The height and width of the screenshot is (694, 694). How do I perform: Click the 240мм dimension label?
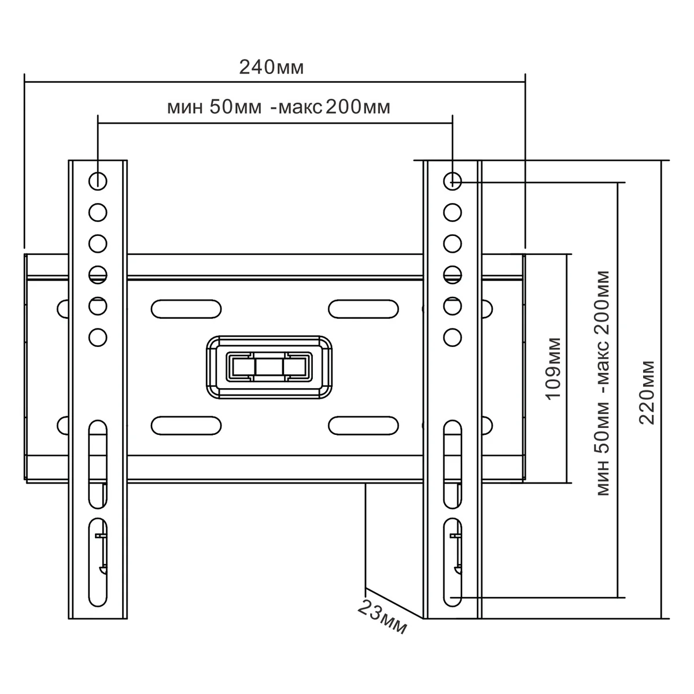click(x=271, y=68)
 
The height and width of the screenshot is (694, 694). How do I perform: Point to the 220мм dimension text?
click(x=647, y=393)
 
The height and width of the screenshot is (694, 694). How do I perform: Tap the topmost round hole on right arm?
click(x=452, y=181)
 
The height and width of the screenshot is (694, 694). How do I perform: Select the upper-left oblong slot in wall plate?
click(x=186, y=308)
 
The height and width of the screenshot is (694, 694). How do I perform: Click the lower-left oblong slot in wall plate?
click(x=186, y=426)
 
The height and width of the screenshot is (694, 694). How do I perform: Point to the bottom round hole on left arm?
click(x=98, y=337)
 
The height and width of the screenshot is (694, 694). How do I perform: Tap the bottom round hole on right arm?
click(x=452, y=337)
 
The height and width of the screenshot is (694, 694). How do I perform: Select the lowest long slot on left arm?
click(x=98, y=562)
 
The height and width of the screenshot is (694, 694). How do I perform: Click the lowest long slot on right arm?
click(x=452, y=562)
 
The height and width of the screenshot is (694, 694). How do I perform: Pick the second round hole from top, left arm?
click(x=98, y=212)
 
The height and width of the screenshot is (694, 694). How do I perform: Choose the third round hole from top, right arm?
click(x=452, y=242)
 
